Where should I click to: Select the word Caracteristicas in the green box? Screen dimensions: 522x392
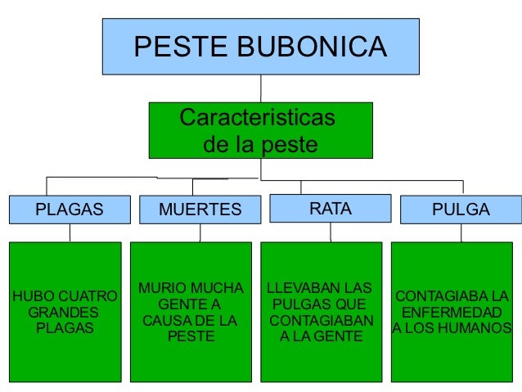pos(257,118)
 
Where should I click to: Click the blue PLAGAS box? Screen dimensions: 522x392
pos(70,210)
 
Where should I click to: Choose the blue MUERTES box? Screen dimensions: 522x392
pos(200,210)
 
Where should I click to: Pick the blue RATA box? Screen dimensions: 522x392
pos(331,209)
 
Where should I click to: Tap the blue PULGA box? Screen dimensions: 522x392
pos(461,210)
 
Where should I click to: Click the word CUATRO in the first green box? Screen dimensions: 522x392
pos(83,296)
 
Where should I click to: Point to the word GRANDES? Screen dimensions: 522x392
pos(63,313)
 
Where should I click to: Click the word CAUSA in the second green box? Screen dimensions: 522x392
pos(168,320)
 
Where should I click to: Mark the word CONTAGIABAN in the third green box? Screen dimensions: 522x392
pos(321,320)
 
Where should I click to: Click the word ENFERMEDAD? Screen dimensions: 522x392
pos(452,313)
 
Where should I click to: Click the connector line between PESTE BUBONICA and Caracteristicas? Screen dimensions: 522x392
pos(261,88)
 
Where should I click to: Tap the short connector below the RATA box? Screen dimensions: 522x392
pos(331,232)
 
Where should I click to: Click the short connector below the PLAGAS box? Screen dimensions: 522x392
pos(70,233)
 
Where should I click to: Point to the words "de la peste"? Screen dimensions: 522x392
pos(260,146)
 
